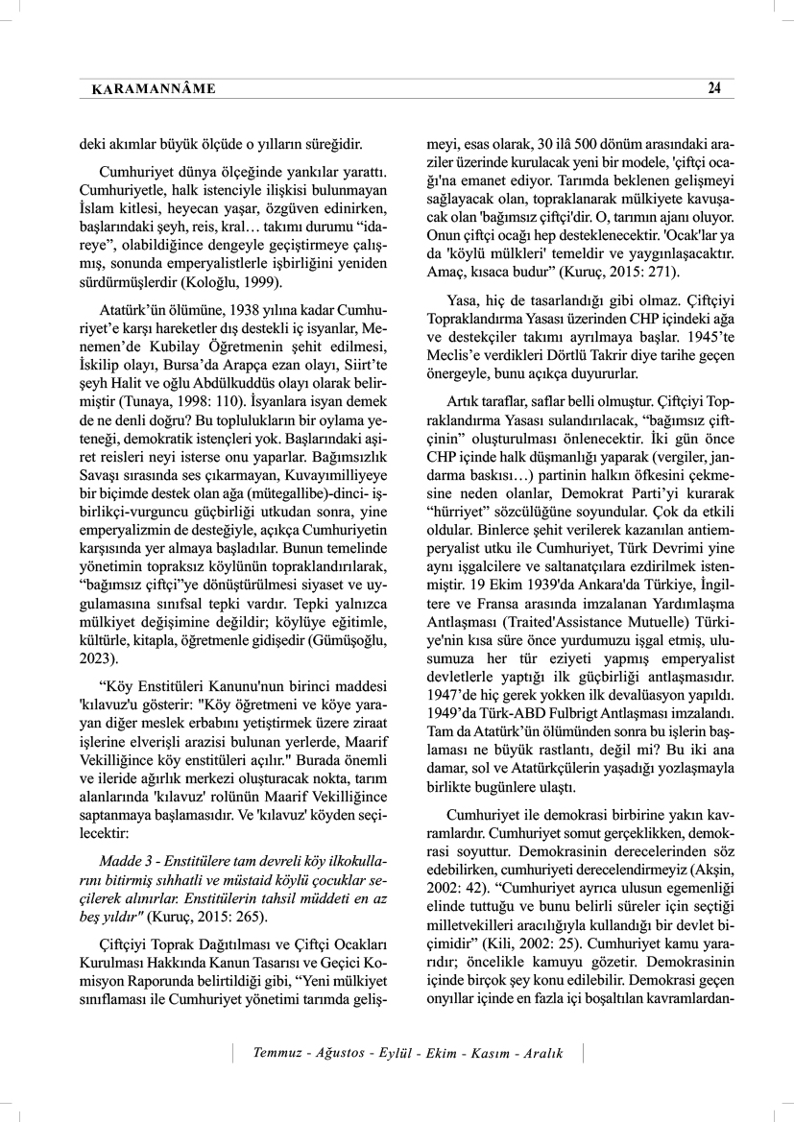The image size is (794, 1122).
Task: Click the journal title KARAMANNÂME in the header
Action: click(153, 89)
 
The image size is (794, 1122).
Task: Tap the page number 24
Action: click(713, 88)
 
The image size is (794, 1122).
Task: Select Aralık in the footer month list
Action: click(542, 1053)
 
